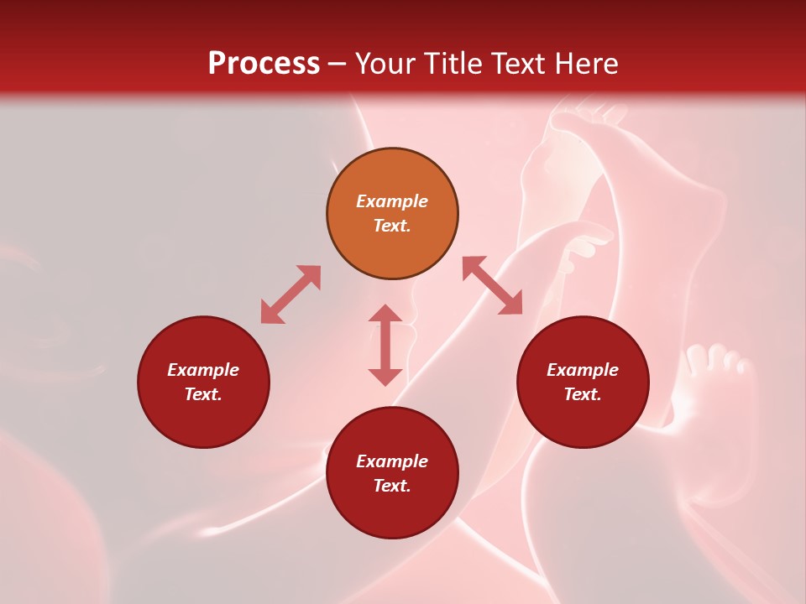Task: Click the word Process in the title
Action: (264, 63)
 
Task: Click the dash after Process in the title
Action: (338, 65)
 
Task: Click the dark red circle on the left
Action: (203, 382)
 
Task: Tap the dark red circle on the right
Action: (583, 382)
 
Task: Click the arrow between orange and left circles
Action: (290, 294)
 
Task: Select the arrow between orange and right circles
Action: (492, 285)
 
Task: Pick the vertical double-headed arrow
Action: (385, 345)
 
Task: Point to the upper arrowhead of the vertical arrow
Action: (385, 314)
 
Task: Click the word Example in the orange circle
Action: (392, 201)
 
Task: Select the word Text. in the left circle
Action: (203, 394)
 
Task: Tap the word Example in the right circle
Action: (583, 370)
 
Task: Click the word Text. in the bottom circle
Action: (392, 486)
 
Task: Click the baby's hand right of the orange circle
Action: (588, 243)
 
